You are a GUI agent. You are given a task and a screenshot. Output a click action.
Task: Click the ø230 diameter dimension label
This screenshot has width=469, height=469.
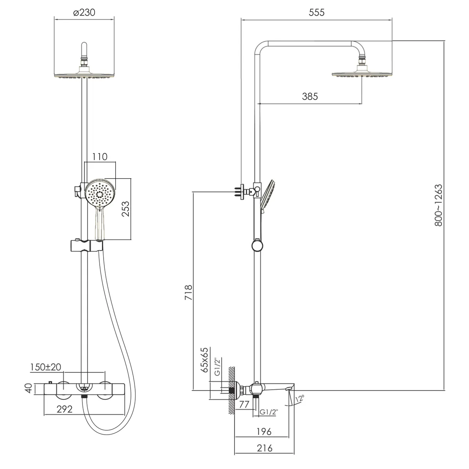point(84,13)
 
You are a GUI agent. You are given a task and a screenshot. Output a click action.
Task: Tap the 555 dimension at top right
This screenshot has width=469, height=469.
point(317,13)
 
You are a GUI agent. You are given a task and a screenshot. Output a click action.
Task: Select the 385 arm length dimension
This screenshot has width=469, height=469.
point(310,97)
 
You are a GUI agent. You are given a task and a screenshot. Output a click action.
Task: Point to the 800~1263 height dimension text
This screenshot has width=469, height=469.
point(439,205)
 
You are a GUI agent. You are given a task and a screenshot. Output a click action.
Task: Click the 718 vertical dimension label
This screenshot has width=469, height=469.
point(188,292)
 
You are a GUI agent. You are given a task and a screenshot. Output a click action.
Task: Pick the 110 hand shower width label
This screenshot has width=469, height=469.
point(100,157)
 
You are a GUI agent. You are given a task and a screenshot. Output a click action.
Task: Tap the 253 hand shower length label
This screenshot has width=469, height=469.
point(126,209)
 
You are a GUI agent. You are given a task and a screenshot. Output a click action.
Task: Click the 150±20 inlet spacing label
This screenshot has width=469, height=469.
point(45,367)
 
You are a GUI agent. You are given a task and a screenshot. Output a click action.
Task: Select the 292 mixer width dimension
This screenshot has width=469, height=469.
point(64,409)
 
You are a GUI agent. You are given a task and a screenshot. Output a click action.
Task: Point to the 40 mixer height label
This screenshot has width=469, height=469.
point(29,388)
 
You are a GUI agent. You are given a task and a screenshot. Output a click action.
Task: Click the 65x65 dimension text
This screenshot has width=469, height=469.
point(204,360)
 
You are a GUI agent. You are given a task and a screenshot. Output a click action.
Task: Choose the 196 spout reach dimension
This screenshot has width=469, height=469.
point(264,432)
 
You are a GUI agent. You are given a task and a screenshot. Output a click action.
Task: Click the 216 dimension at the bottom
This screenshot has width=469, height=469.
point(265,448)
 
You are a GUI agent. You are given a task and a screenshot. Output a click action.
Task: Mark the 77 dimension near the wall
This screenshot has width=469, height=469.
point(244,405)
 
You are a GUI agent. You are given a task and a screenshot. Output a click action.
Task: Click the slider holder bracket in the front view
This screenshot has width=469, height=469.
point(87,245)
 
